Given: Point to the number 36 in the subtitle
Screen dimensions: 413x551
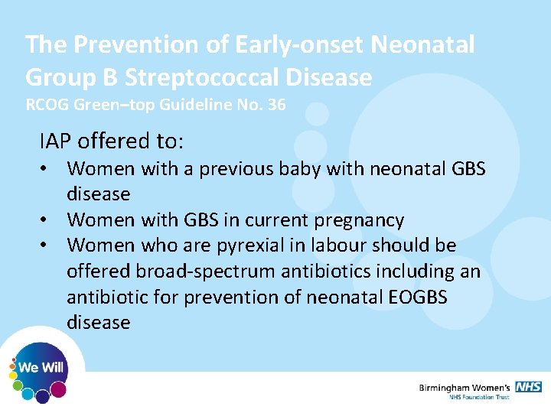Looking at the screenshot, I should (275, 105).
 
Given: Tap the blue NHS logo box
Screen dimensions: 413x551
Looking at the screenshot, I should (528, 387).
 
